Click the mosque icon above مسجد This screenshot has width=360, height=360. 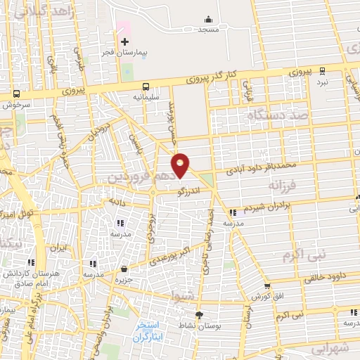(x=208, y=19)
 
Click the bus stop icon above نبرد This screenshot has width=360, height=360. (x=322, y=70)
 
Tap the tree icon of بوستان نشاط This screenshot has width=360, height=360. (x=199, y=314)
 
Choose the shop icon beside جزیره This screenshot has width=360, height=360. (x=124, y=269)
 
